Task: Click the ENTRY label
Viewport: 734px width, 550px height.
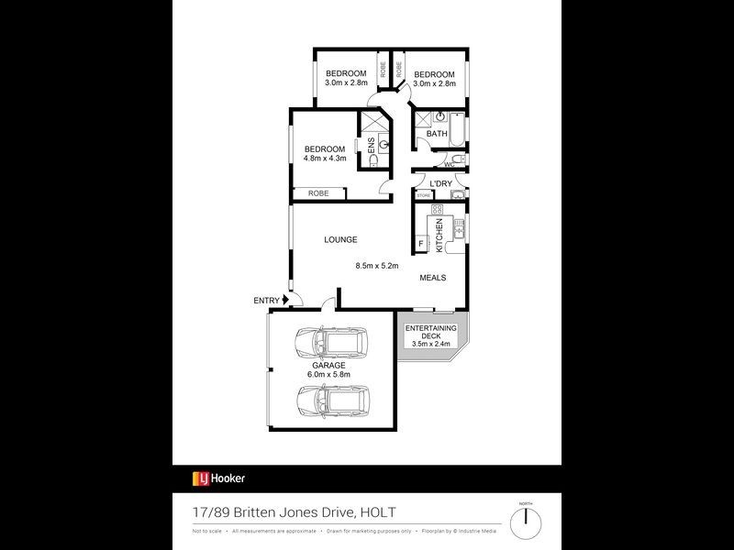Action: pos(266,301)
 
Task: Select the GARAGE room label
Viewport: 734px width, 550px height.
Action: pos(328,365)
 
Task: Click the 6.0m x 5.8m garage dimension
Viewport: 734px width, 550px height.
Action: pos(328,374)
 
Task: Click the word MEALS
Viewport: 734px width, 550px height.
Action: pos(434,277)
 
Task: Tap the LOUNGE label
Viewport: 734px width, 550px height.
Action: pos(339,239)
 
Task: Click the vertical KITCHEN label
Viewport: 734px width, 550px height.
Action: pos(439,236)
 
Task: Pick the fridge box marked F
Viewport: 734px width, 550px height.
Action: pos(422,244)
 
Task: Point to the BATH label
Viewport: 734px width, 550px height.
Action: pos(436,134)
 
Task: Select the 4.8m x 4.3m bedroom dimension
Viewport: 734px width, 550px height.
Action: pos(326,159)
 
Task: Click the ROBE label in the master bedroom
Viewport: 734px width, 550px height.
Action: pos(318,193)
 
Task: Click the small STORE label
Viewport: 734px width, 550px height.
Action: pos(423,195)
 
